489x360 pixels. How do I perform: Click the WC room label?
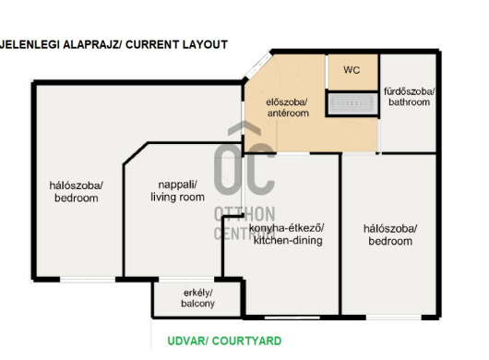[352, 70]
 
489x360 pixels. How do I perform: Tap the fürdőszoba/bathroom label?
[409, 97]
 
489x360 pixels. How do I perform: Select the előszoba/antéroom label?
[288, 108]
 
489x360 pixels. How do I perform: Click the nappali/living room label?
[177, 191]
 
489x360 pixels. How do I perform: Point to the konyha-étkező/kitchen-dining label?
[287, 234]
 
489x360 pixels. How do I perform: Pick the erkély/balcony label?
[197, 298]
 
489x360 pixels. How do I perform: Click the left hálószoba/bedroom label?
[76, 192]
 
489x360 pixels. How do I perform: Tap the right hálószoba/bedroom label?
[390, 234]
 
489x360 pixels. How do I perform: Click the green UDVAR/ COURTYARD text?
[224, 341]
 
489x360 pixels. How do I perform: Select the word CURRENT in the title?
[152, 44]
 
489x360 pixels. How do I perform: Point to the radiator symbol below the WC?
[352, 103]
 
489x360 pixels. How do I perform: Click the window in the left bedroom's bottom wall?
[88, 280]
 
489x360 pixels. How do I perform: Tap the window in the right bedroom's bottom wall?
[394, 318]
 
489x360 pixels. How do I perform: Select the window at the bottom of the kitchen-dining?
[292, 318]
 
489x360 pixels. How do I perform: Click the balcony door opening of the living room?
[186, 279]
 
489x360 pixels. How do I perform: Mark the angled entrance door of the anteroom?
[258, 66]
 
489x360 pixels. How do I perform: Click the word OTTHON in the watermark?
[244, 214]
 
